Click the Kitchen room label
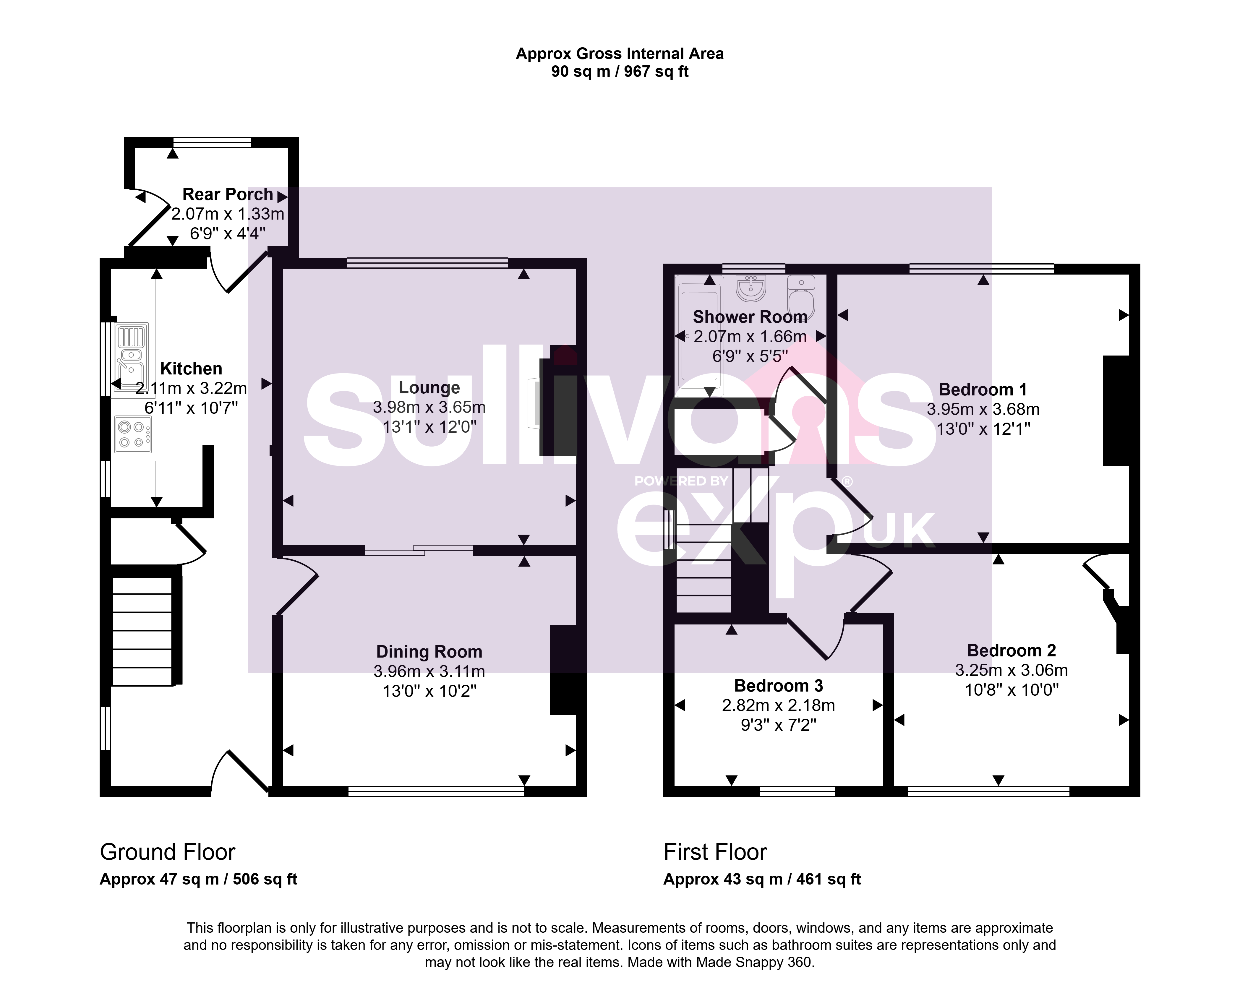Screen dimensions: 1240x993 (x=191, y=369)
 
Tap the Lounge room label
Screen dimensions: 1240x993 (x=429, y=387)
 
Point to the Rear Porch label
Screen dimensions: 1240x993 (x=228, y=194)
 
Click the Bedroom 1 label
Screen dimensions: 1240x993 (x=983, y=390)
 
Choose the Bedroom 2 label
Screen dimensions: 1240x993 (x=1012, y=650)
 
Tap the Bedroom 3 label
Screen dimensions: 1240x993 (x=779, y=686)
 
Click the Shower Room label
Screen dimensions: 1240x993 (x=750, y=317)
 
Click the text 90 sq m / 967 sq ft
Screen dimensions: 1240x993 (x=620, y=72)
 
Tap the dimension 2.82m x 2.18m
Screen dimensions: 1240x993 (x=779, y=705)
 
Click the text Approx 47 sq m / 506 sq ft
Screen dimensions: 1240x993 (x=198, y=879)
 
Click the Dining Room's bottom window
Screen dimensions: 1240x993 (x=436, y=791)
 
